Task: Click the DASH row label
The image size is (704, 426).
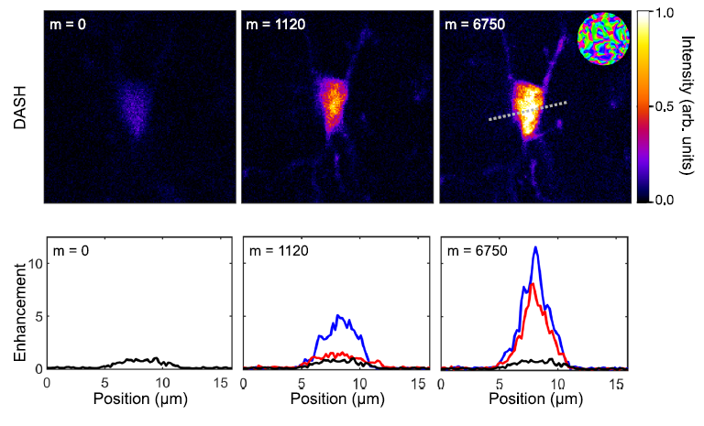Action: (x=20, y=105)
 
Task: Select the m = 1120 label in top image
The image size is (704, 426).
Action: (x=271, y=23)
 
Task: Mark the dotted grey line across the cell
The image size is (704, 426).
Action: (x=527, y=111)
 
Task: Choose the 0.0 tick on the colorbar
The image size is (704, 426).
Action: (x=665, y=199)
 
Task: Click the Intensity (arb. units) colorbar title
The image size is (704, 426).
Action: (x=688, y=105)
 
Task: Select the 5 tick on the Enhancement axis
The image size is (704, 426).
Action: (x=37, y=316)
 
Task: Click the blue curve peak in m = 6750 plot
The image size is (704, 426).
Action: (x=535, y=247)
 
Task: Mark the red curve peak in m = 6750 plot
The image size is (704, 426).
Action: (x=533, y=284)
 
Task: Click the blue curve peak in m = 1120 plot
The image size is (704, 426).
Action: (x=338, y=316)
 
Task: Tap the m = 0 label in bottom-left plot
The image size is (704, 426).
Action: (x=70, y=250)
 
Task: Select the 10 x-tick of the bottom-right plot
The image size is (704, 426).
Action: (x=559, y=383)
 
